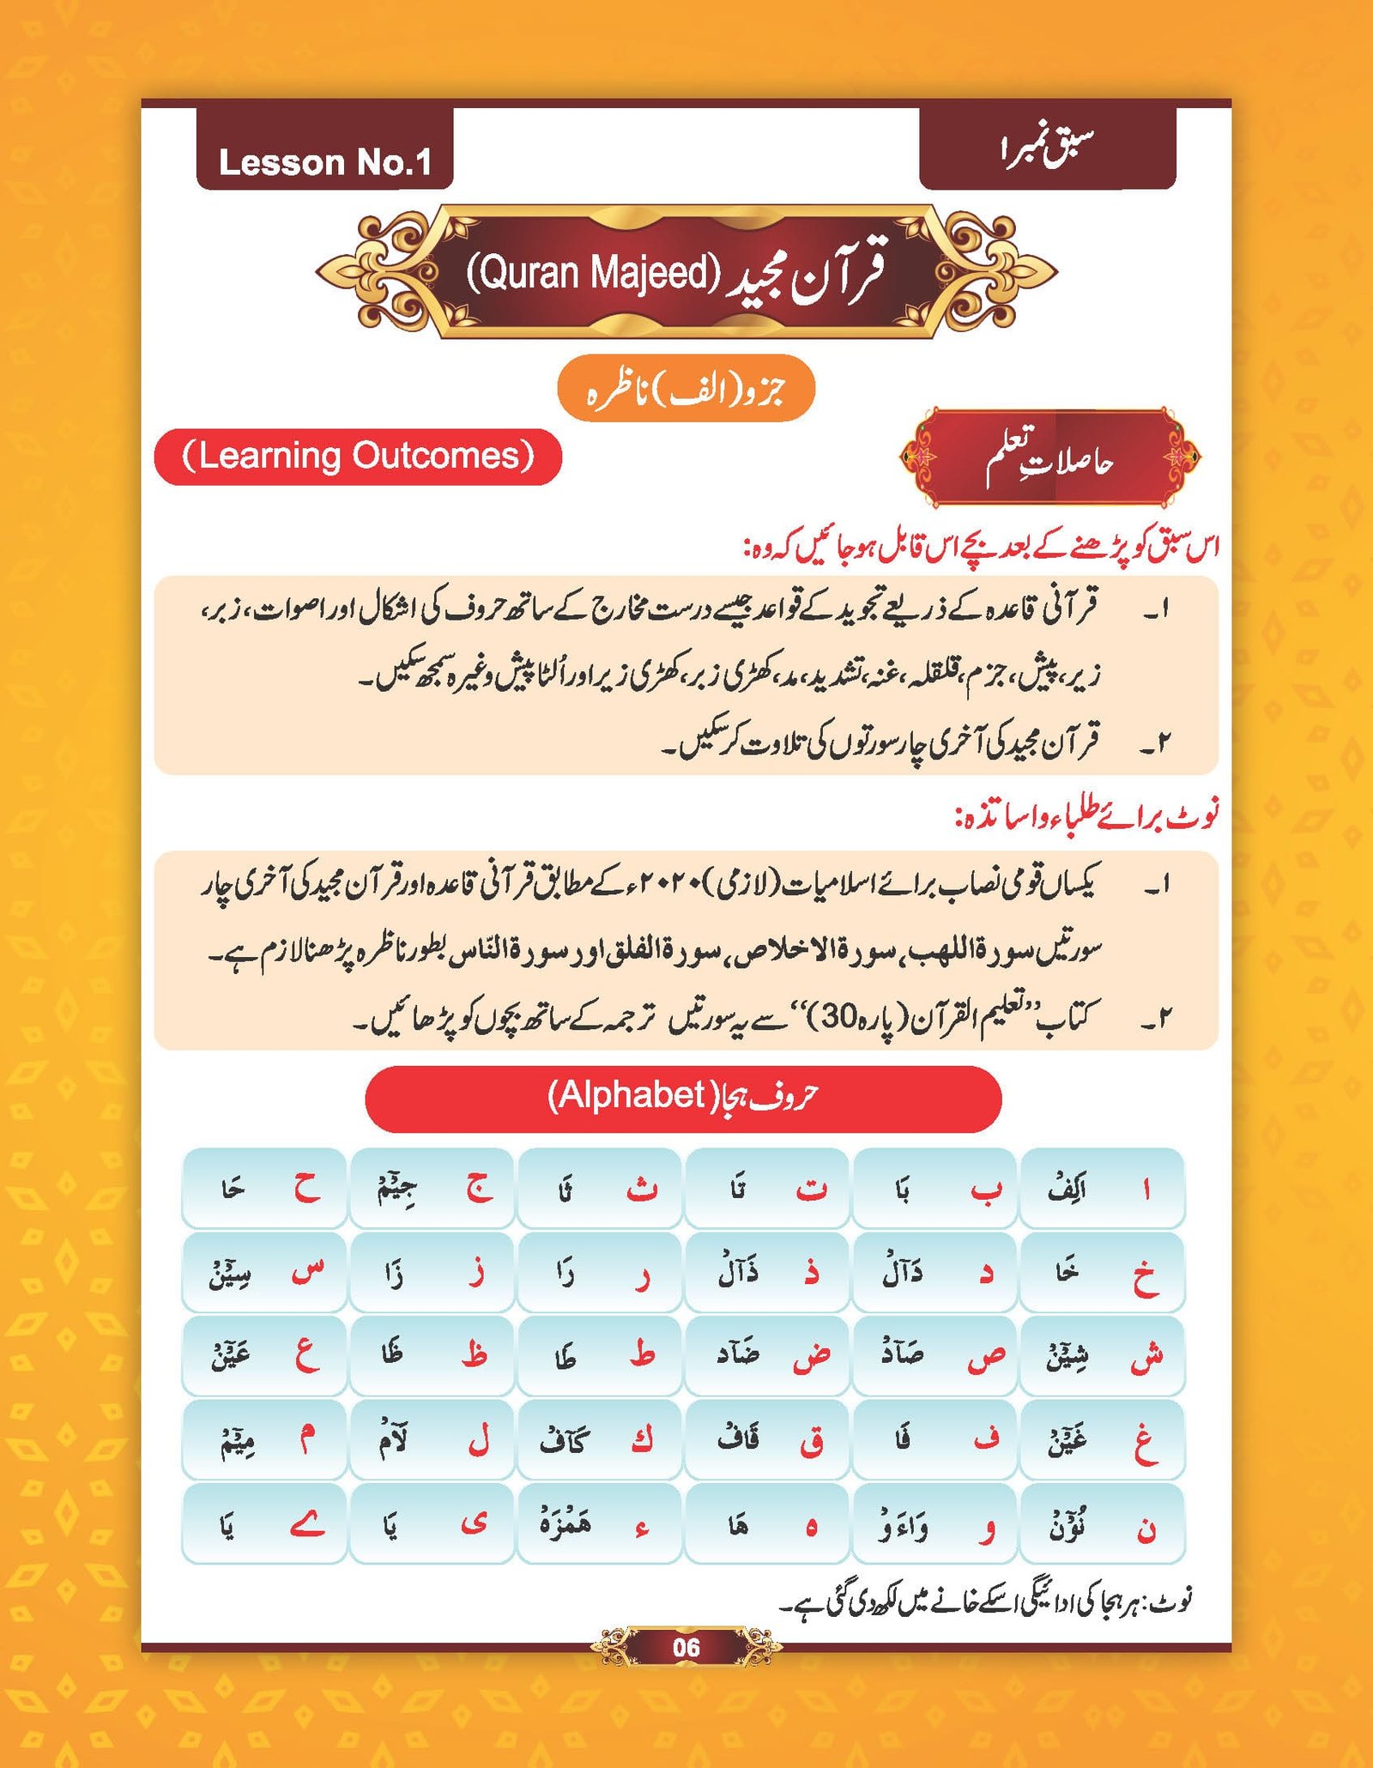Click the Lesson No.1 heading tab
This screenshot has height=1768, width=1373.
[x=324, y=161]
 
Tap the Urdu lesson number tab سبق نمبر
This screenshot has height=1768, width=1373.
[x=1047, y=151]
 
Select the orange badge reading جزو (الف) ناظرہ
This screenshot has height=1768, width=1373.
[x=685, y=389]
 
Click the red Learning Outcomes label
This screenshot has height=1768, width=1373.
[x=358, y=456]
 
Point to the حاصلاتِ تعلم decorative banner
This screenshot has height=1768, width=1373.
[x=1049, y=458]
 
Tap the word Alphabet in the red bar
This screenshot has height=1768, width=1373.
[x=626, y=1095]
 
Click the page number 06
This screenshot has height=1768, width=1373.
[x=686, y=1647]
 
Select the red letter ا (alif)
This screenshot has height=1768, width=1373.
[x=1146, y=1190]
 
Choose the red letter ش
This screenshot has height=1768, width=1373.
[x=1146, y=1354]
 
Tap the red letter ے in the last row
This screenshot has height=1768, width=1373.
[x=306, y=1524]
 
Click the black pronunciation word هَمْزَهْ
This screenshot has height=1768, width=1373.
[x=565, y=1523]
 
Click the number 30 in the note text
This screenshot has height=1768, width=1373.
[x=843, y=1017]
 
